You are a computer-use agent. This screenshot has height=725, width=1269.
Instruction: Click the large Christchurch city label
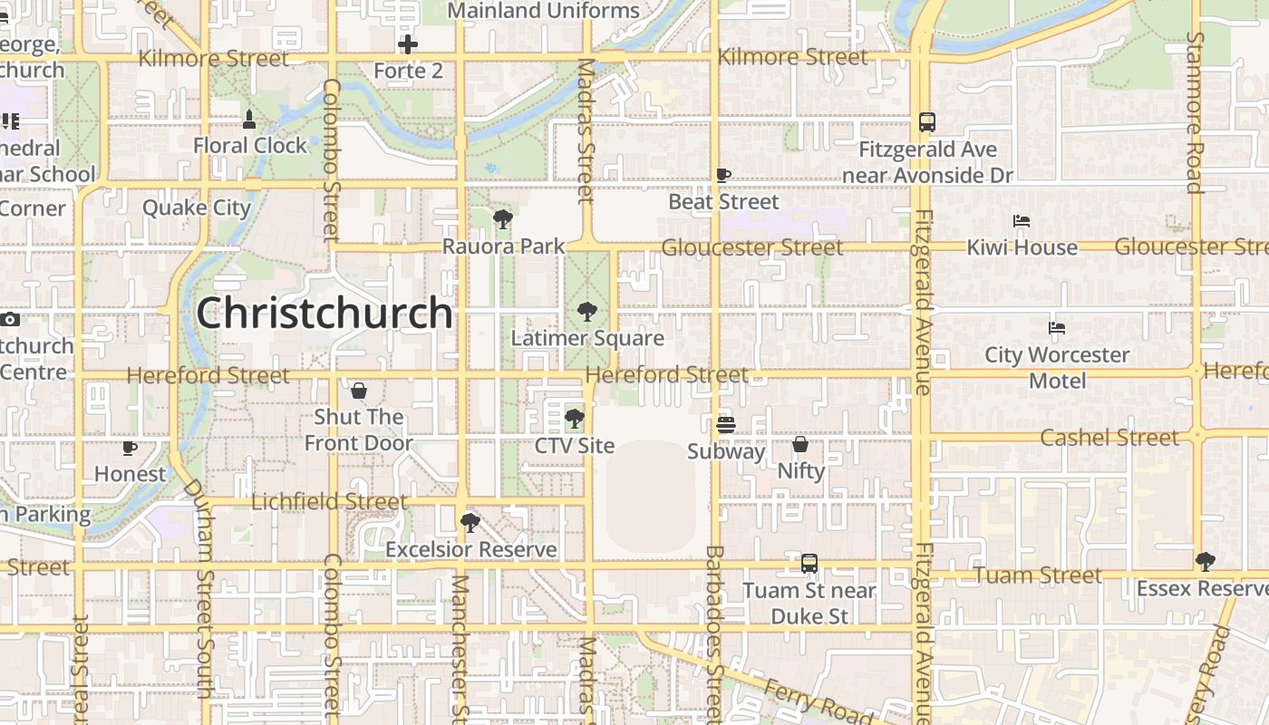tap(325, 314)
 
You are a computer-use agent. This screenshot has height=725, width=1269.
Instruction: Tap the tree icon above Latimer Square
tap(587, 313)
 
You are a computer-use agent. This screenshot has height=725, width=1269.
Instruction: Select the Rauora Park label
tap(503, 246)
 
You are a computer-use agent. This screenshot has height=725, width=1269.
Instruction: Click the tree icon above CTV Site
tap(574, 419)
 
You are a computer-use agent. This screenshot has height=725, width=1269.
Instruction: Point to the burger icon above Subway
tap(726, 424)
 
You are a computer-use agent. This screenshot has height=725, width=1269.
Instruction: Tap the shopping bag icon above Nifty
tap(800, 444)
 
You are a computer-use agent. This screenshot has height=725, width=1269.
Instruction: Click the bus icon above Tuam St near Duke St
tap(809, 564)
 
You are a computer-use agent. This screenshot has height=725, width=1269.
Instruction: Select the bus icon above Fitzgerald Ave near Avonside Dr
tap(927, 122)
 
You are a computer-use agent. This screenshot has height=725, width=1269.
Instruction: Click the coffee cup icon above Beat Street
tap(723, 175)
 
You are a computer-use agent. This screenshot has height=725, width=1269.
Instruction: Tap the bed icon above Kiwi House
tap(1022, 221)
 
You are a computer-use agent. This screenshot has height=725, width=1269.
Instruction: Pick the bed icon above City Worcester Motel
tap(1057, 328)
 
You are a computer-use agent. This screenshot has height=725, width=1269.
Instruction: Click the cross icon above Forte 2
tap(408, 43)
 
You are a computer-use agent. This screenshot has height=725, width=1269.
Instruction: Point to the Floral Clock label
tap(250, 145)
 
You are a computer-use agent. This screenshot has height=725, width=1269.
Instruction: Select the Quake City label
tap(197, 208)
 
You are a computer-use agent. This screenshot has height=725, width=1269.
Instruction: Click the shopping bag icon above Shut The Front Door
tap(359, 391)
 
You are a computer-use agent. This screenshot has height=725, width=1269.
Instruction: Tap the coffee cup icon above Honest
tap(130, 448)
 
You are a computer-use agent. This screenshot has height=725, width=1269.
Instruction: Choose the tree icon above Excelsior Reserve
tap(470, 523)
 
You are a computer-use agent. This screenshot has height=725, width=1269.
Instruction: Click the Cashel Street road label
tap(1109, 438)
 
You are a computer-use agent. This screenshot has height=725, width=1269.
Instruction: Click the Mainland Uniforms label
tap(544, 11)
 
